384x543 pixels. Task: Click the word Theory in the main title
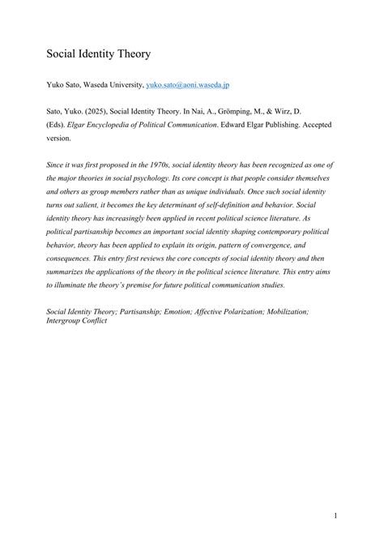pos(130,55)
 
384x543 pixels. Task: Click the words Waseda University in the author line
pos(109,83)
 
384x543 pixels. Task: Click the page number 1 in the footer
pos(335,514)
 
